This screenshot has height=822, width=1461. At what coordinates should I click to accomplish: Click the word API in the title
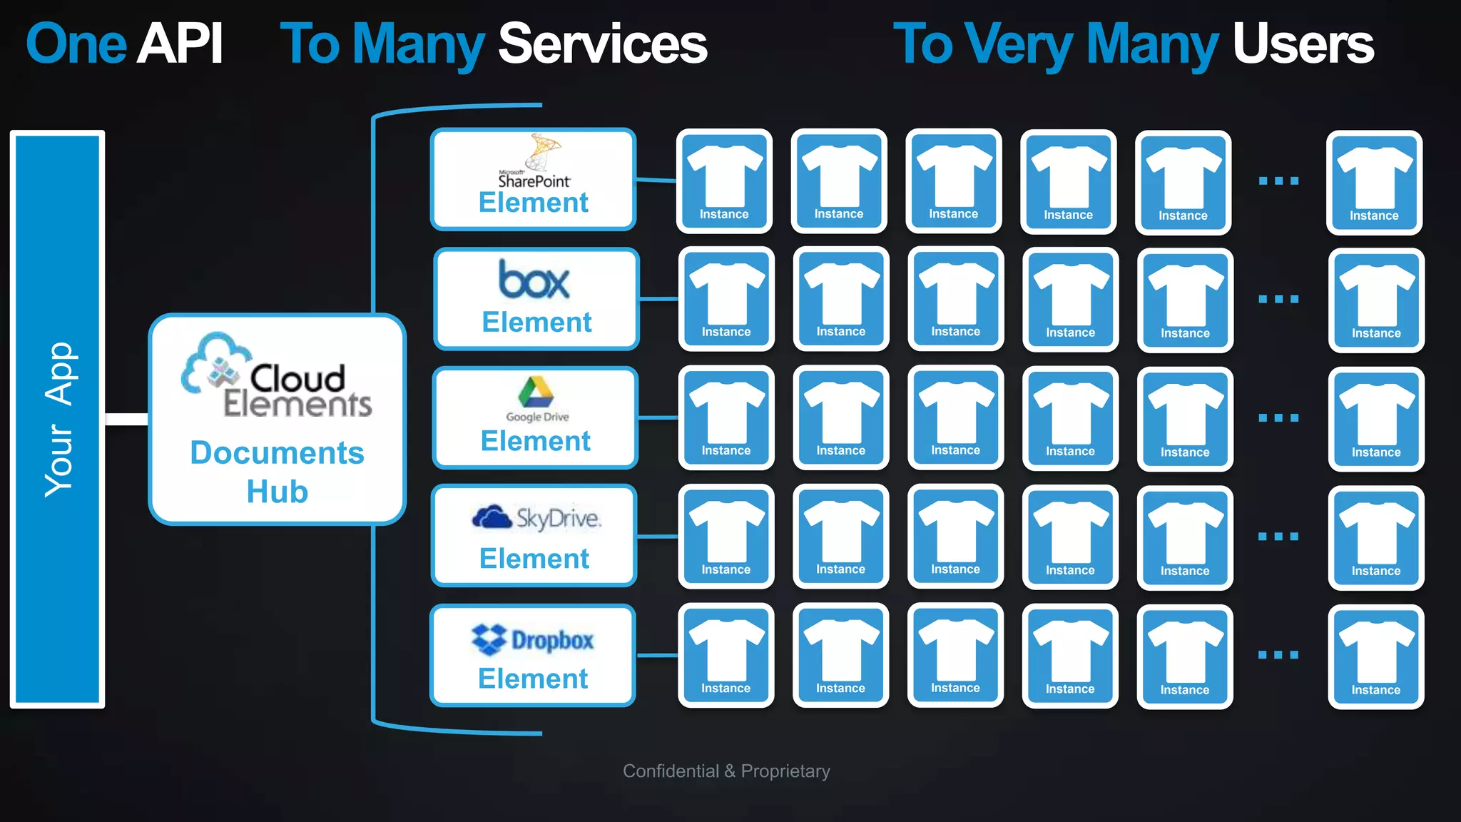pos(180,44)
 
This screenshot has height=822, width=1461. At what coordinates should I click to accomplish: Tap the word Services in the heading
pos(602,44)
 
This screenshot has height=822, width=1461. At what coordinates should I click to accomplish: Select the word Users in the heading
pos(1303,44)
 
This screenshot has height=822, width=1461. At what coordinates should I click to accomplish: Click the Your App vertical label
pos(58,420)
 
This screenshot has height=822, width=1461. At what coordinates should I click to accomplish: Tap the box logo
pos(534,280)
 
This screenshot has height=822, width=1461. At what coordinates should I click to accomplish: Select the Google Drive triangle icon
pos(536,392)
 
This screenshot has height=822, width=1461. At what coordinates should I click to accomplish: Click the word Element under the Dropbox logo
pos(533,679)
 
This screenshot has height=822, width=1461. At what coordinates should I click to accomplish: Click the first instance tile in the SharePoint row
pos(724,181)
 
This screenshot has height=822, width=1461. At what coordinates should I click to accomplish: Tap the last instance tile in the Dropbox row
pos(1375,656)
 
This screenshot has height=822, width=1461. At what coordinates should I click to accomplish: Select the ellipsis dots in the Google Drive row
pos(1278,417)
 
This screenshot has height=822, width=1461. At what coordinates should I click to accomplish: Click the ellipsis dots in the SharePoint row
pos(1278,181)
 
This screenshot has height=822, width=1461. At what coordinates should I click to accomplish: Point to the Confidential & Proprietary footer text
pos(726,771)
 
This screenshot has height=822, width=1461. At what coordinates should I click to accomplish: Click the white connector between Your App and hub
pos(126,419)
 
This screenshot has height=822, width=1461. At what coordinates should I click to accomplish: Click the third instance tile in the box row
pos(955,299)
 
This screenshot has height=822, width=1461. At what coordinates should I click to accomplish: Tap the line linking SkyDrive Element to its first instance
pos(657,536)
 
